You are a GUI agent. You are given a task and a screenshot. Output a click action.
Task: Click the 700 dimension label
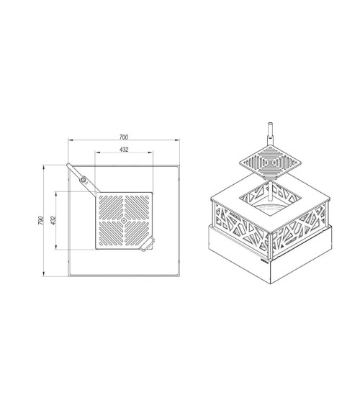click(124, 137)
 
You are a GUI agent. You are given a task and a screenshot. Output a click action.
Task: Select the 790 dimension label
click(41, 220)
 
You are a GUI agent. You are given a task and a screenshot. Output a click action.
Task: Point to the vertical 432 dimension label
click(53, 220)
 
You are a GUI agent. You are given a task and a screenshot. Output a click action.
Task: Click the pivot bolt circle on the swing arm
click(84, 180)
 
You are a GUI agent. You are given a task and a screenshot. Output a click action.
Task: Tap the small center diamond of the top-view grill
click(124, 220)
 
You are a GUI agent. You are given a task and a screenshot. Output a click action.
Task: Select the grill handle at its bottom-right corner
click(148, 244)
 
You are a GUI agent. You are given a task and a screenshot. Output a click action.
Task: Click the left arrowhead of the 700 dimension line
click(71, 140)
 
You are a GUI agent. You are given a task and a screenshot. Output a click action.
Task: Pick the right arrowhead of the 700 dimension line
click(177, 140)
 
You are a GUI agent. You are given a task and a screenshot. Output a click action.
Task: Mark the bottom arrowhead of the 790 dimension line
click(44, 274)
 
